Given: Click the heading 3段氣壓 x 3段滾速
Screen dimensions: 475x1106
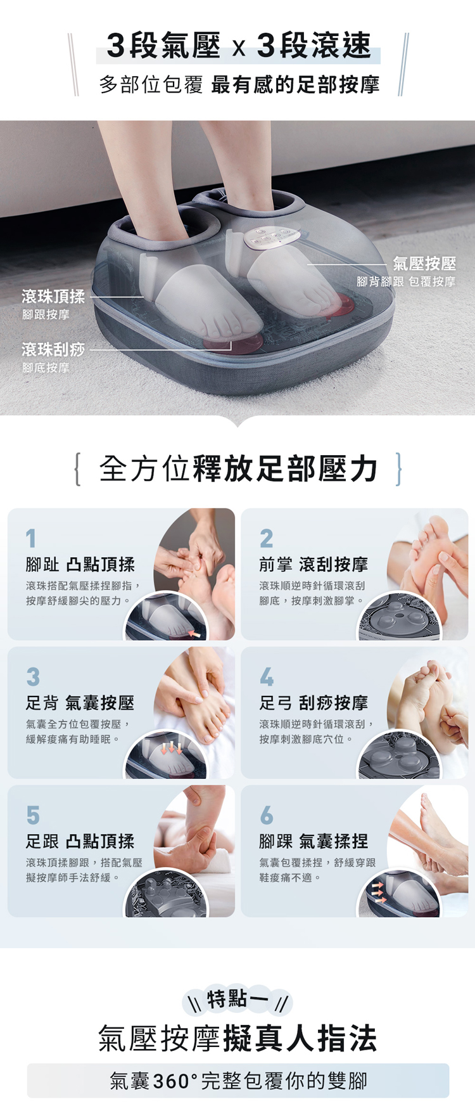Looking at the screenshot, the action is point(239,46).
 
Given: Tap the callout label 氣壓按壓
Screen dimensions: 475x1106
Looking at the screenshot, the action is point(424,263).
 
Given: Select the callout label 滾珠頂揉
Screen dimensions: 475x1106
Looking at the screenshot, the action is point(53,296).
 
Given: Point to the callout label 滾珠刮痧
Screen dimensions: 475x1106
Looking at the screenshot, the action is point(53,349).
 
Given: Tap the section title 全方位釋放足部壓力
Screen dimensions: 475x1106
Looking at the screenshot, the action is point(238,469).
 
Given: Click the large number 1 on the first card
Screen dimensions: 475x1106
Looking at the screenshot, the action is point(31,539).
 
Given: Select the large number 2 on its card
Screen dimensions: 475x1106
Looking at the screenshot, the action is point(267,539).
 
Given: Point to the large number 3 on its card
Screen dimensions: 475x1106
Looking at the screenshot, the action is point(33,677).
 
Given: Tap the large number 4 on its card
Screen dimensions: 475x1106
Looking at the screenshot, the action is point(267,677).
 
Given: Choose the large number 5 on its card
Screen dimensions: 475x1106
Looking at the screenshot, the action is point(33,815).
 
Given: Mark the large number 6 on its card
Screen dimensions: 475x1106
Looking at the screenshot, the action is point(267,815).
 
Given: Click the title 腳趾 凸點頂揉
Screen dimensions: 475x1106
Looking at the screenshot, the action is point(80,564).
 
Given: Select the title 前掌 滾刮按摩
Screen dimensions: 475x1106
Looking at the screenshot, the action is point(313,564).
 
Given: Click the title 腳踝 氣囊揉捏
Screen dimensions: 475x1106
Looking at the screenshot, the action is point(313,841).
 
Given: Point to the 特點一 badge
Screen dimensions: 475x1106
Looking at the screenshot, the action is point(237,1000).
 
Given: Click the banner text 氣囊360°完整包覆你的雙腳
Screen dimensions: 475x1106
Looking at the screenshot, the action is point(238,1081).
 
